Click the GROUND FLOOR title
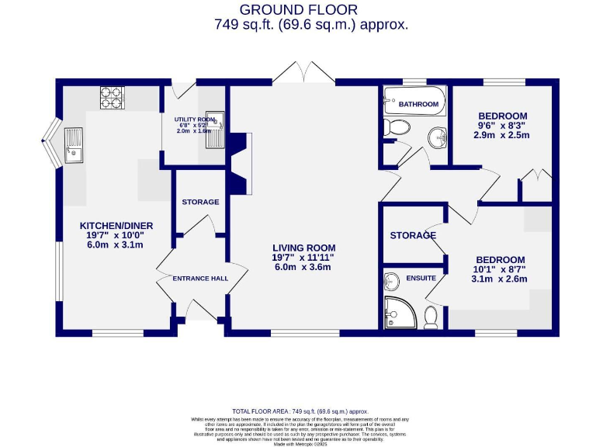(298, 9)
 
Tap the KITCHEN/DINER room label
(116, 226)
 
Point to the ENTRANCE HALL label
(200, 279)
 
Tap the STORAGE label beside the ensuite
(412, 235)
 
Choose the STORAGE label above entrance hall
(200, 202)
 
